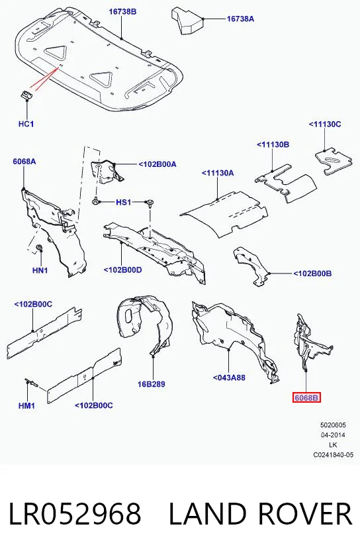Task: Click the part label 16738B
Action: (x=122, y=12)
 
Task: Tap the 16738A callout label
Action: (x=240, y=19)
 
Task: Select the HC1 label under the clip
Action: (x=26, y=124)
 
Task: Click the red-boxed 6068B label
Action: (x=306, y=398)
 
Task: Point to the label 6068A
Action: (x=24, y=162)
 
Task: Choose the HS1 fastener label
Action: (x=124, y=203)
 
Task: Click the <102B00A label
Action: (x=157, y=164)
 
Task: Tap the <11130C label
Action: (x=325, y=124)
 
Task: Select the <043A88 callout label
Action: (x=229, y=378)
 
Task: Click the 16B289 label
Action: (x=152, y=384)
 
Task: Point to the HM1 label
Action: (x=26, y=405)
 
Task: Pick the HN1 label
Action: (x=40, y=271)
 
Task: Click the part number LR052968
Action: (x=75, y=514)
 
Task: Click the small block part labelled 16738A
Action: (x=188, y=21)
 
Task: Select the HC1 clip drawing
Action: (x=26, y=95)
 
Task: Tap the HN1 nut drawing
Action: (x=40, y=248)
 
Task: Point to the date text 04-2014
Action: (x=333, y=434)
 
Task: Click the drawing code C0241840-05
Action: (x=333, y=455)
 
